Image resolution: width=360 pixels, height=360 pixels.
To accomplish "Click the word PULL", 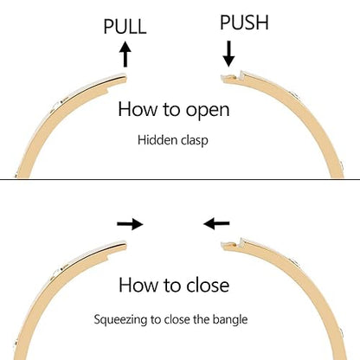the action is (x=125, y=26).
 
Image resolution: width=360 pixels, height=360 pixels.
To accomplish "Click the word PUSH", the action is (x=244, y=22).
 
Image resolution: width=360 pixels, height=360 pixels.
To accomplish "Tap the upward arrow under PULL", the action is (x=125, y=55).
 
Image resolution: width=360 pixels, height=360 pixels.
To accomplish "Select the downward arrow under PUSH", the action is (x=228, y=54).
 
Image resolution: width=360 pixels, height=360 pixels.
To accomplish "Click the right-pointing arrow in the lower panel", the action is (x=130, y=224).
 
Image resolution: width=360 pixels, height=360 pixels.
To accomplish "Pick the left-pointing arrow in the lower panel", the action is (x=216, y=223).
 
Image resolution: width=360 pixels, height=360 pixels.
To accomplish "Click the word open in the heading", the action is (x=208, y=111).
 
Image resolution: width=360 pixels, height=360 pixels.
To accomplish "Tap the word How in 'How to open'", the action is (x=138, y=109).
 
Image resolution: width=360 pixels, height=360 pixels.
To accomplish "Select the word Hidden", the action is (x=157, y=140).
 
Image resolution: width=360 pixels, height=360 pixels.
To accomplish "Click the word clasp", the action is (x=195, y=141).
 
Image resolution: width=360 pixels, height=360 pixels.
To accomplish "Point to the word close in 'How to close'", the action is (x=208, y=285).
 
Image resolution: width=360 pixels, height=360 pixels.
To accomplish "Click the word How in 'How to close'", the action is (x=138, y=285).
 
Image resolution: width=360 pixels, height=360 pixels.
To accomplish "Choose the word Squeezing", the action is (x=120, y=320).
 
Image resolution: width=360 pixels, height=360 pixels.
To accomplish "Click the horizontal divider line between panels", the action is (x=180, y=179).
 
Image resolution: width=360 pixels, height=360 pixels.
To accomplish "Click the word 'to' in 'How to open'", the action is (x=171, y=110).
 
